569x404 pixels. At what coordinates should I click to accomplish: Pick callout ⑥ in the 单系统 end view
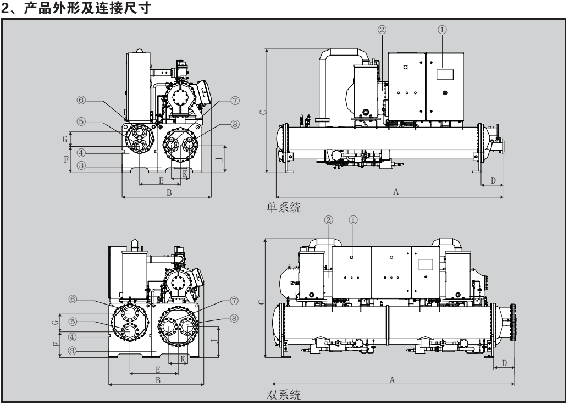pyautogui.click(x=81, y=100)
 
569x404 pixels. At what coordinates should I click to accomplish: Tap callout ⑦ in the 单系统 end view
pyautogui.click(x=219, y=100)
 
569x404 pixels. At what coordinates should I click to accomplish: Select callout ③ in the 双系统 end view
pyautogui.click(x=81, y=350)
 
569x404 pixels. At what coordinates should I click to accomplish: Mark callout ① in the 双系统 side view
pyautogui.click(x=353, y=219)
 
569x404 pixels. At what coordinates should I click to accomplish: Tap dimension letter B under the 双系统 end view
pyautogui.click(x=157, y=379)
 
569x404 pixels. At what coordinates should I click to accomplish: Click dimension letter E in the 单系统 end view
pyautogui.click(x=161, y=180)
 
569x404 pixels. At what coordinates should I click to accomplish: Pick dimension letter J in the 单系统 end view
pyautogui.click(x=219, y=159)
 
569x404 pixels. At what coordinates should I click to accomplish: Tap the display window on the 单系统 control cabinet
pyautogui.click(x=443, y=75)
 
